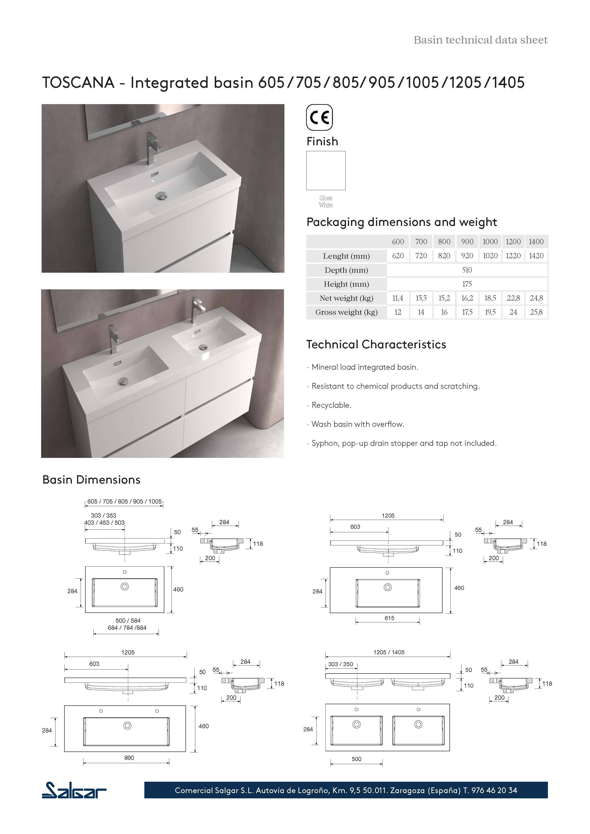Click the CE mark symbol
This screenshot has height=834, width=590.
pyautogui.click(x=319, y=117)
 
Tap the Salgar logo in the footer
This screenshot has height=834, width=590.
pyautogui.click(x=74, y=790)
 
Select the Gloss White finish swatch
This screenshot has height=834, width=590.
pyautogui.click(x=326, y=170)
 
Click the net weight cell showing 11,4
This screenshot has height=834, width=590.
pyautogui.click(x=398, y=298)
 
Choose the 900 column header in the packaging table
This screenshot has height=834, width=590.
pyautogui.click(x=467, y=242)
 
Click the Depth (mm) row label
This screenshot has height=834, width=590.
pyautogui.click(x=346, y=270)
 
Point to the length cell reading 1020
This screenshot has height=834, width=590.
pyautogui.click(x=490, y=256)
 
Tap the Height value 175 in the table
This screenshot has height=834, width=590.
pyautogui.click(x=467, y=284)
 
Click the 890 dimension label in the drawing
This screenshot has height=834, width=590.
pyautogui.click(x=129, y=758)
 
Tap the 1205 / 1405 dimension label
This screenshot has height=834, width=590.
pyautogui.click(x=389, y=652)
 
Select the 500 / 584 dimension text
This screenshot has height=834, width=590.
pyautogui.click(x=128, y=621)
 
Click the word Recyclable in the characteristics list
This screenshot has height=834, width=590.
pyautogui.click(x=331, y=405)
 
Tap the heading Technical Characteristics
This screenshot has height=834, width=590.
pyautogui.click(x=376, y=344)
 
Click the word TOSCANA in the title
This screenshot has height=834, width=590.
pyautogui.click(x=78, y=82)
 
